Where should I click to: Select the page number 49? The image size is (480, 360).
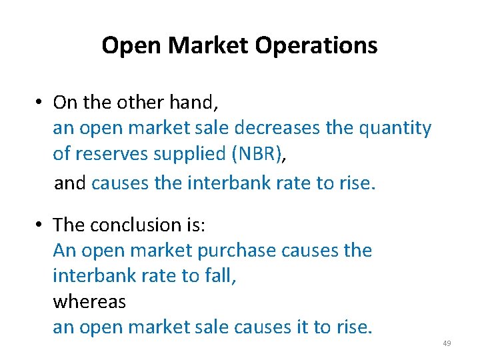[447, 343]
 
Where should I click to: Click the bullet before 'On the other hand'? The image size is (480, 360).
[41, 103]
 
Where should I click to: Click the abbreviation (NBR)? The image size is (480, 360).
[256, 153]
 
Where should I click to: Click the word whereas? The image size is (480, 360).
[89, 301]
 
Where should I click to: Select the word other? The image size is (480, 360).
[139, 103]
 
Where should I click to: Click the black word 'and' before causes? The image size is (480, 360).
[70, 183]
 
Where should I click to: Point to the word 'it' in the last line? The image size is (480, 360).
[301, 327]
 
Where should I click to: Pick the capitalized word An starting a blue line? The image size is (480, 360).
[64, 251]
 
